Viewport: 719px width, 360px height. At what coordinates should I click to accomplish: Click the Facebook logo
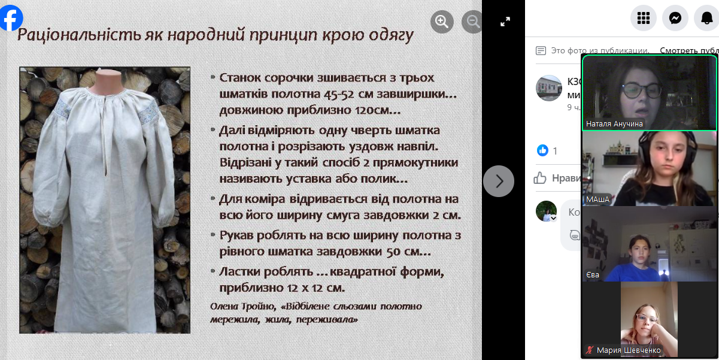(11, 17)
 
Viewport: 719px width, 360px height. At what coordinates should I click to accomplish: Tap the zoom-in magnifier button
(442, 22)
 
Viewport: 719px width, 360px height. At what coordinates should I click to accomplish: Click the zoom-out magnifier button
(472, 22)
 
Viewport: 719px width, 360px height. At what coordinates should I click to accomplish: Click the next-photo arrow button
(499, 181)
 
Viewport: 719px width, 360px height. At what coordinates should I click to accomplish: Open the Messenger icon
(675, 18)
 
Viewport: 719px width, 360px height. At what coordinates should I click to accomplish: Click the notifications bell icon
(706, 18)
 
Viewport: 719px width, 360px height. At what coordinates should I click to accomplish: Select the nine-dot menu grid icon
(644, 18)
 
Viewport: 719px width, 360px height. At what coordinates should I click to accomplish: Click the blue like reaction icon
(542, 150)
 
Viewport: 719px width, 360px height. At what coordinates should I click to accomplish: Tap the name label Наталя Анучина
(614, 124)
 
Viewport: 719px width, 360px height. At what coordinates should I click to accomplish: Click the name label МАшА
(597, 199)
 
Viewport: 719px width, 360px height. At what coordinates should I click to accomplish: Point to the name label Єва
(593, 275)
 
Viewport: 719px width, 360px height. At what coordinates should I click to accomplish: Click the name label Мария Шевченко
(628, 350)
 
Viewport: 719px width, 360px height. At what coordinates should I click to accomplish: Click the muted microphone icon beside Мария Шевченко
(590, 350)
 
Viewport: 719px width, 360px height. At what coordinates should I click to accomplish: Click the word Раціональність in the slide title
(79, 35)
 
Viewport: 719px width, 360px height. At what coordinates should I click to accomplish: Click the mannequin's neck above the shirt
(105, 80)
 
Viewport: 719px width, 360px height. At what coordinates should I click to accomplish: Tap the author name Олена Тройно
(243, 307)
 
